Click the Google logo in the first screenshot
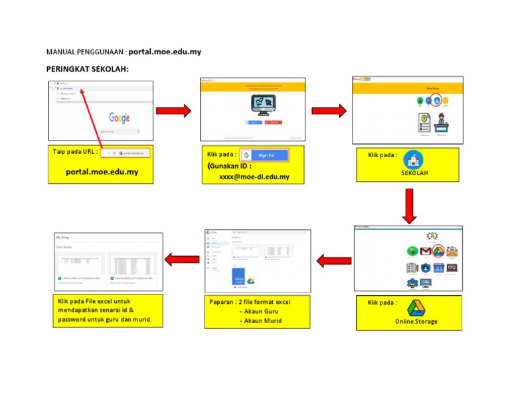tap(120, 118)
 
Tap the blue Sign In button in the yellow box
tap(264, 155)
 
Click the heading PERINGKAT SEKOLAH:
tap(87, 70)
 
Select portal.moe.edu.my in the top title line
tap(165, 51)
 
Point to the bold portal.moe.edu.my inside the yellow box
tap(102, 172)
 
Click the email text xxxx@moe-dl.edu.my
tap(254, 177)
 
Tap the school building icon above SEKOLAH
tap(414, 159)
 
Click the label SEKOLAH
tap(414, 173)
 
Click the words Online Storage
tap(416, 322)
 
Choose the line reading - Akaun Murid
tap(260, 321)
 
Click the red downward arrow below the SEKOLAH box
tap(409, 206)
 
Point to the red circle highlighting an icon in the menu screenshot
tap(436, 101)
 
